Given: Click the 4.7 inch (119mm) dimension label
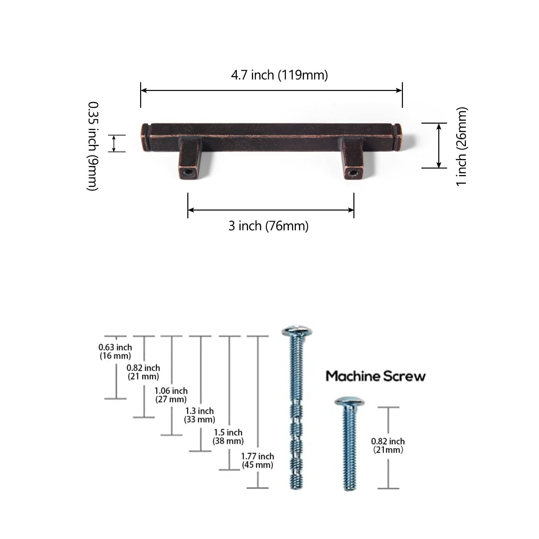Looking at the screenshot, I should point(279,75).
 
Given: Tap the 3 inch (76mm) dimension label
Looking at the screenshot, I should point(268,226).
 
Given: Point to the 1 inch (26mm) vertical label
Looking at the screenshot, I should point(462,146).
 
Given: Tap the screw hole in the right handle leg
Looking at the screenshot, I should point(353,173).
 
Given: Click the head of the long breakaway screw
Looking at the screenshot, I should point(297,330).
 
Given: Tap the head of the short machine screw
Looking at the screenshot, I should point(350,401).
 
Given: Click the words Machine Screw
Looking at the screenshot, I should point(376,376).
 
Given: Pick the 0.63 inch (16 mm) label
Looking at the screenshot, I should point(115,351).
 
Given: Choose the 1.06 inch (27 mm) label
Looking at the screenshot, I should point(171,395).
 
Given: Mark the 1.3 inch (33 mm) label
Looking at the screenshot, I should point(199,415).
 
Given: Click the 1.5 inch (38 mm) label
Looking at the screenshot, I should point(228,437).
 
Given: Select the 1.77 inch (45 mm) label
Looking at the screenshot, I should point(257,461).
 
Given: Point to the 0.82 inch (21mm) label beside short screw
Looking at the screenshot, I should point(388,445).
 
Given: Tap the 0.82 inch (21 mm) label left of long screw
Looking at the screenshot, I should point(143,372).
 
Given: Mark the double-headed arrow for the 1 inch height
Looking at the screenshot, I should point(439,146).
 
